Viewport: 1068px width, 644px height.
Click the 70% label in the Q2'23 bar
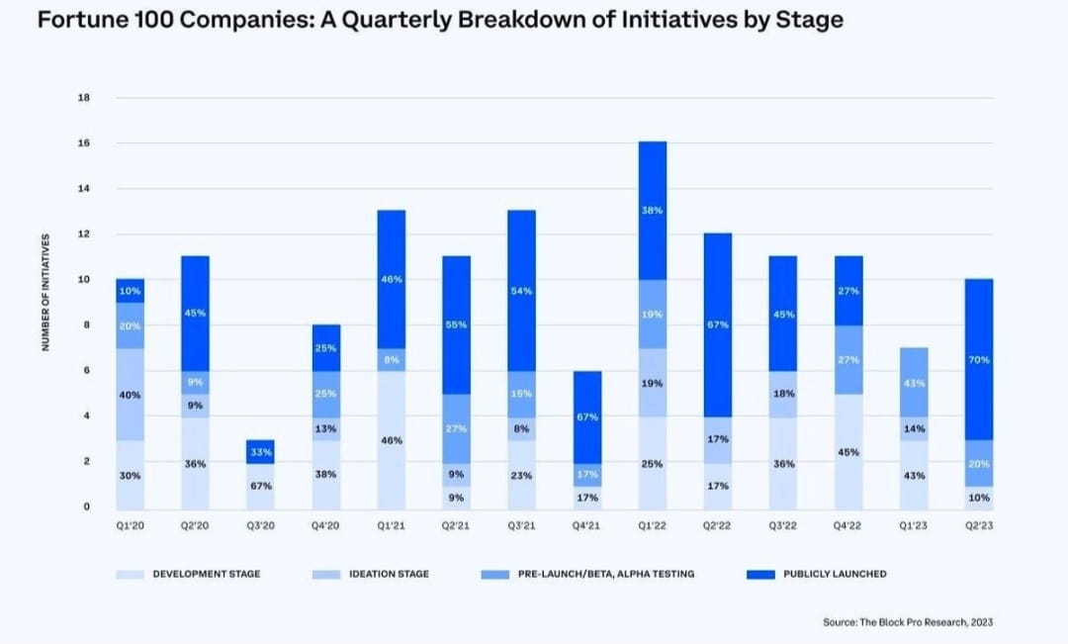(979, 360)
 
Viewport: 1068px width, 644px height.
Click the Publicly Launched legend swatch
(760, 574)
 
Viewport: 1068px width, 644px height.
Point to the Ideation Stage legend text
(389, 574)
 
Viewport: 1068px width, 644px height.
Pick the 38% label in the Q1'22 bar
(653, 211)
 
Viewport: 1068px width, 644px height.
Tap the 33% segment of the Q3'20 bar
(260, 452)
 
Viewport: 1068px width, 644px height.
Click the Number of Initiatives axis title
(45, 293)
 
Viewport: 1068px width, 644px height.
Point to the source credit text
(907, 622)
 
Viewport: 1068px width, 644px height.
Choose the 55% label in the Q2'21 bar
(457, 324)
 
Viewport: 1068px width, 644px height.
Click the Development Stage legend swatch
(130, 574)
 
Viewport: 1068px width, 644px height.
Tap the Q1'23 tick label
(914, 526)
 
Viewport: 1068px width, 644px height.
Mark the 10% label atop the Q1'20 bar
(130, 291)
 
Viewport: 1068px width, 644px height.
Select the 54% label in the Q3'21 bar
(522, 291)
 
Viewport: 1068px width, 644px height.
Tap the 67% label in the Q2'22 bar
(718, 324)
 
